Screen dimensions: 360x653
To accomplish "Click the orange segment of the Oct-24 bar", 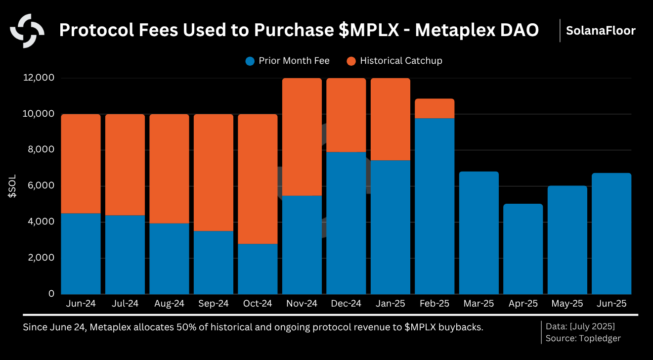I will pyautogui.click(x=258, y=179).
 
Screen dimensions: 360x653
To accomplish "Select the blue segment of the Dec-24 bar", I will pyautogui.click(x=346, y=223).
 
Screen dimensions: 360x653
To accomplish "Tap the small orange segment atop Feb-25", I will pyautogui.click(x=435, y=109).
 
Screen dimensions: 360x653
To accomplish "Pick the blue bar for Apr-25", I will pyautogui.click(x=523, y=249).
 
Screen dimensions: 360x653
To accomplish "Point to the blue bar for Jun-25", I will pyautogui.click(x=611, y=233).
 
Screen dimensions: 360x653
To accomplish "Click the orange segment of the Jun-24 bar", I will pyautogui.click(x=81, y=164).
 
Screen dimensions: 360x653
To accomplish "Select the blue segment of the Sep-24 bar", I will pyautogui.click(x=214, y=262).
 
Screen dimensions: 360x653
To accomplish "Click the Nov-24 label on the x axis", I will pyautogui.click(x=302, y=304).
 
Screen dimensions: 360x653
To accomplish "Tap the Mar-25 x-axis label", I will pyautogui.click(x=479, y=304).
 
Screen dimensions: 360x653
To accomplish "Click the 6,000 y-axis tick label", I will pyautogui.click(x=41, y=186).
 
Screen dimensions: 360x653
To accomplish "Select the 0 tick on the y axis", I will pyautogui.click(x=51, y=294).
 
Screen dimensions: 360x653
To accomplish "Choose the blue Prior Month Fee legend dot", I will pyautogui.click(x=250, y=61).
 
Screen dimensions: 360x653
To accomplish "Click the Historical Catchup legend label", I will pyautogui.click(x=401, y=61).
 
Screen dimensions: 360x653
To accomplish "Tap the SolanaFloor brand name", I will pyautogui.click(x=601, y=31).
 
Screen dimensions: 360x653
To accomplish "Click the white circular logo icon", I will pyautogui.click(x=27, y=31).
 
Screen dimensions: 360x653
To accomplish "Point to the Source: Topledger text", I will pyautogui.click(x=583, y=338).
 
